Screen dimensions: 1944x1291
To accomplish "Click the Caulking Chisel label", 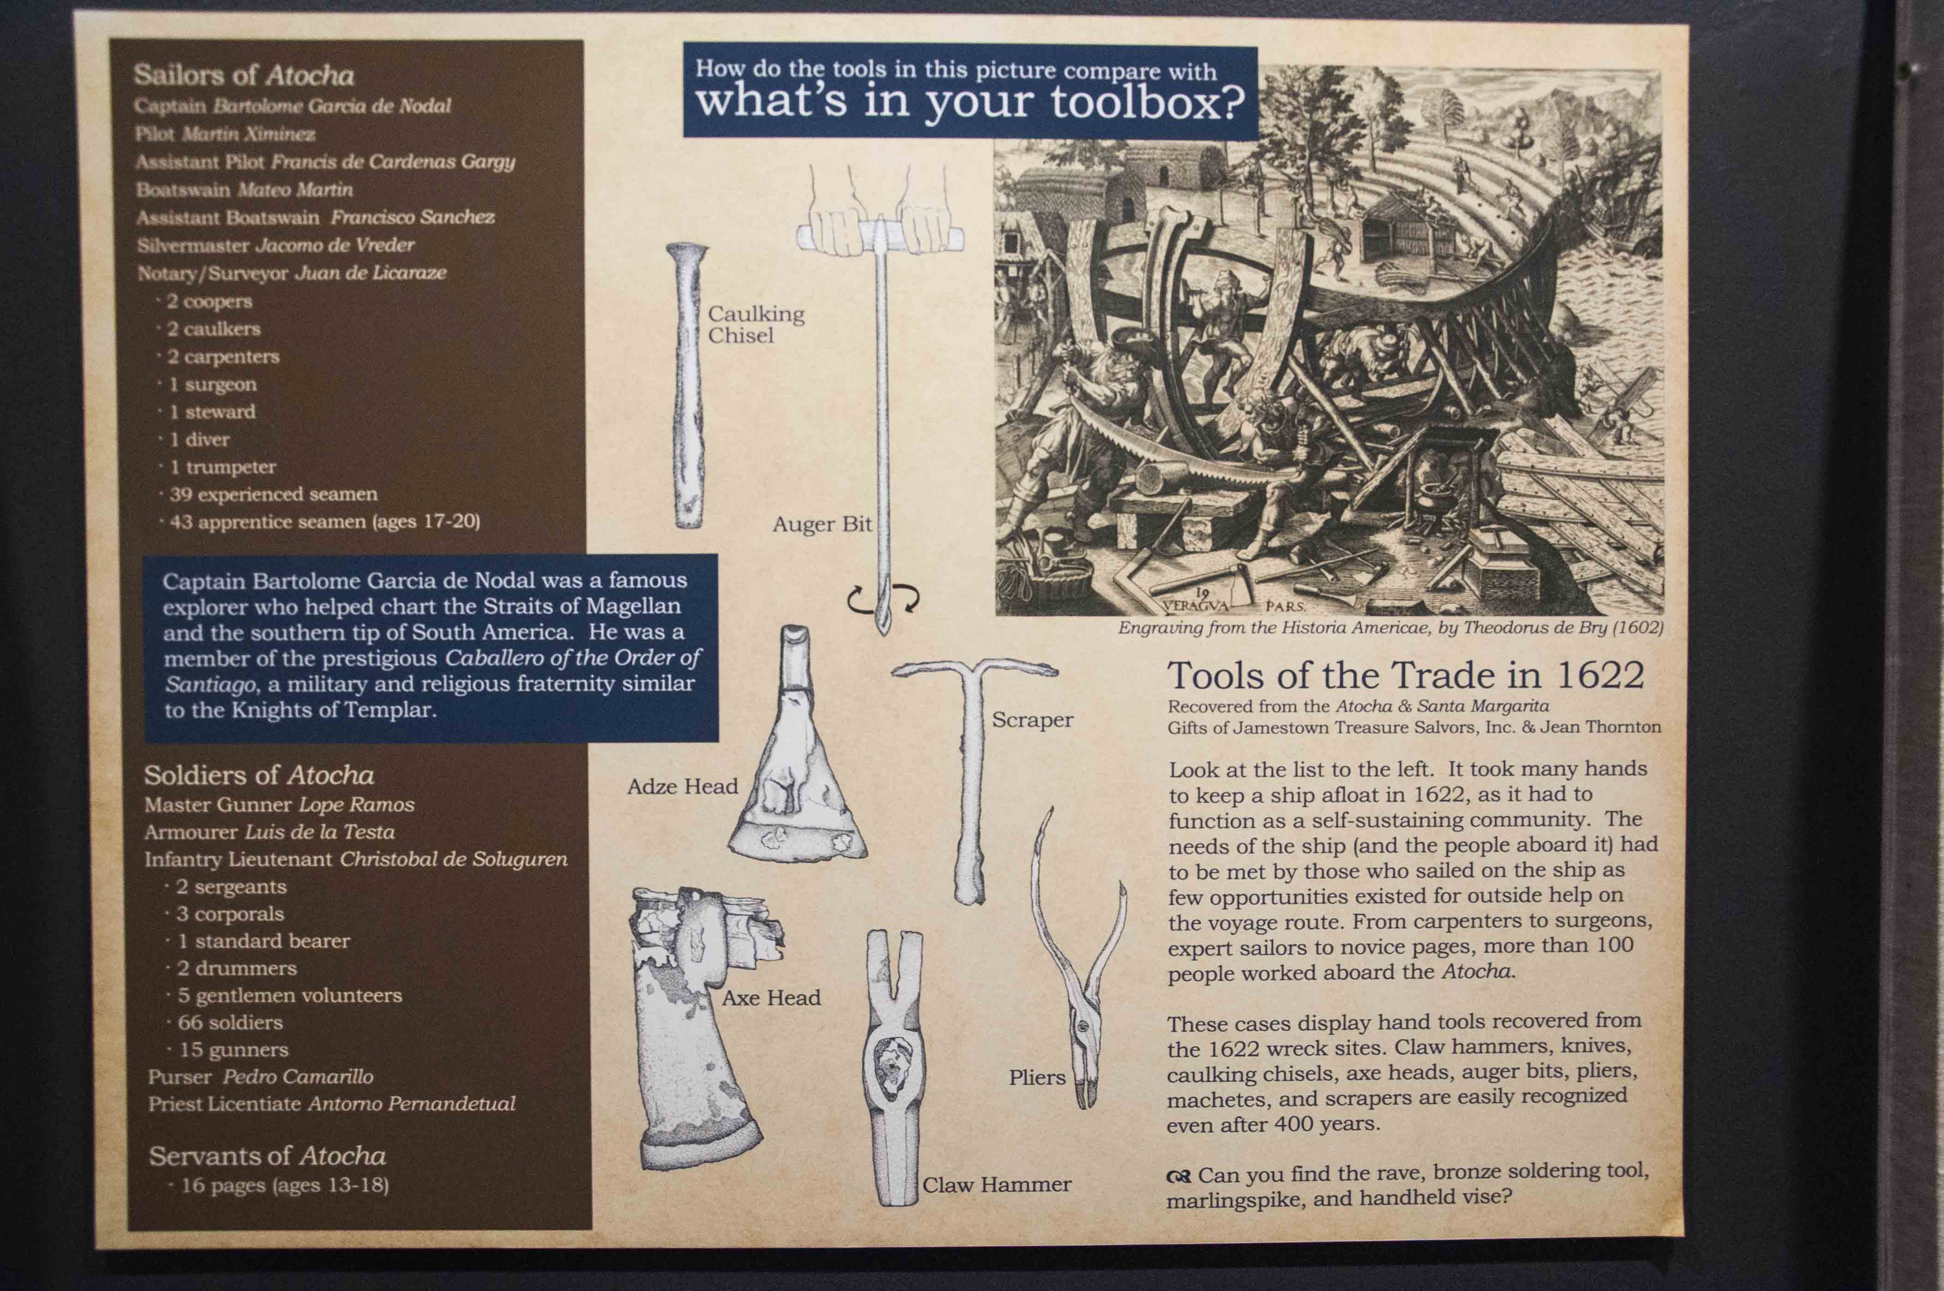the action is click(x=756, y=324).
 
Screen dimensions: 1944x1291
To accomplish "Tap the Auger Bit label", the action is click(x=822, y=525).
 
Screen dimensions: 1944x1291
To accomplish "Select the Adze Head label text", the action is click(x=683, y=786).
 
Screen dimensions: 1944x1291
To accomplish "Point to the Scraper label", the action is click(x=1032, y=720).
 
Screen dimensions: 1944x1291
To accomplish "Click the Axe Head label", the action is click(x=772, y=998).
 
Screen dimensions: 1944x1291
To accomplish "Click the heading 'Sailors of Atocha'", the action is click(x=244, y=75).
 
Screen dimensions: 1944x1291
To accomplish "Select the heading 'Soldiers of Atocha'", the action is click(x=259, y=775).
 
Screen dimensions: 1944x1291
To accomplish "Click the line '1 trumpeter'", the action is click(x=222, y=467).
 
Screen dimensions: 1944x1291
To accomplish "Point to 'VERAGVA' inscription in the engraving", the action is click(x=1196, y=605).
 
